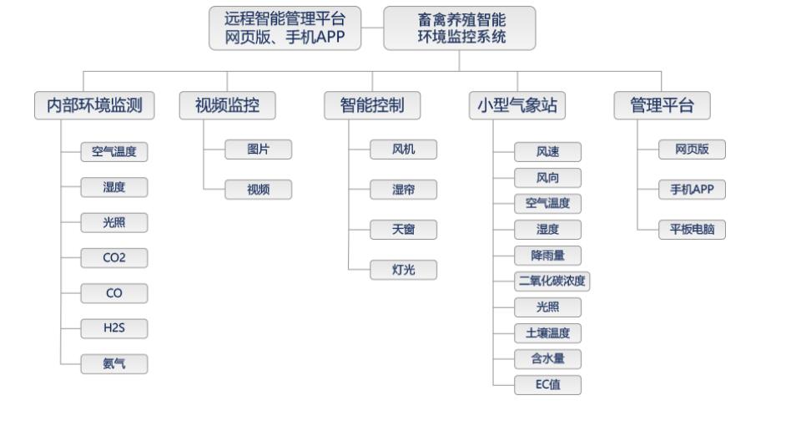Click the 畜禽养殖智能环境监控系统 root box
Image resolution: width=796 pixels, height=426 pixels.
point(460,28)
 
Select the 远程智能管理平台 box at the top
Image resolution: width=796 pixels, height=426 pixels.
point(285,28)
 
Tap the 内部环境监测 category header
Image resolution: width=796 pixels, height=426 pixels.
point(94,106)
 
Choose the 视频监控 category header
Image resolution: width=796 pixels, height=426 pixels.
point(228,106)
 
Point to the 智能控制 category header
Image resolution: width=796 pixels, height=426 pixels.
point(372,106)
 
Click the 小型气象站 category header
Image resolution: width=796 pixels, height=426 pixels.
point(517,106)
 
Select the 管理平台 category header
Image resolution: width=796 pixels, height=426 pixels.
point(662,106)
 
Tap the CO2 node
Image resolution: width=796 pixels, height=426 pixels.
point(114,258)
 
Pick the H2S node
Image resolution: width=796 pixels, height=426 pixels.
point(114,328)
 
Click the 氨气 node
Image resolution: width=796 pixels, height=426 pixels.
point(114,364)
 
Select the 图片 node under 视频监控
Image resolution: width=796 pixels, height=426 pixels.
point(259,150)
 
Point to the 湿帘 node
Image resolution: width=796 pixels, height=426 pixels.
point(404,190)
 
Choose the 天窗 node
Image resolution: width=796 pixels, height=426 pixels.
point(404,230)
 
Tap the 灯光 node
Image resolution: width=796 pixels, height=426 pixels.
point(404,270)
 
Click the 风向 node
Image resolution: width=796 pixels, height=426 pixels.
point(547,178)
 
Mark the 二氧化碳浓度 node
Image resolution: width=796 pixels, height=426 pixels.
point(552,281)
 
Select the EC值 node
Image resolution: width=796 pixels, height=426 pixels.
point(547,385)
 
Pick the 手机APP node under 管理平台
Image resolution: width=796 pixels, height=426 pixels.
point(692,190)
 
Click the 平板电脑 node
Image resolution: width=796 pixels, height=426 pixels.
point(692,230)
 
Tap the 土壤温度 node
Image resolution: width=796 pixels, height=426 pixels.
point(547,333)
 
